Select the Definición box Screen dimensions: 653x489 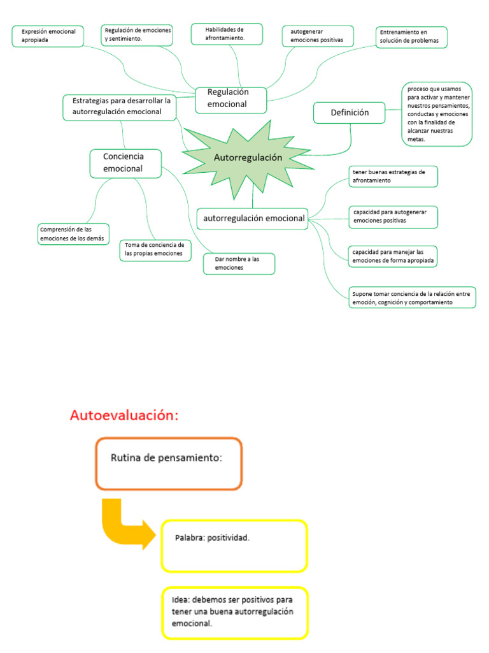pyautogui.click(x=350, y=113)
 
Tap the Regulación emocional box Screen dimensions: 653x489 pyautogui.click(x=230, y=98)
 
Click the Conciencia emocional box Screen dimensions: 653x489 pyautogui.click(x=124, y=163)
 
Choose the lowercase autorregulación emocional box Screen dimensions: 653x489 pyautogui.click(x=253, y=218)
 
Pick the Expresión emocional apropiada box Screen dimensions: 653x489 pyautogui.click(x=48, y=36)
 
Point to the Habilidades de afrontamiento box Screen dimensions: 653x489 pyautogui.click(x=227, y=34)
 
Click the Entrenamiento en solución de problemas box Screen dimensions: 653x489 pyautogui.click(x=411, y=37)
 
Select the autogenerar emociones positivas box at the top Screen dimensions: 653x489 pyautogui.click(x=318, y=36)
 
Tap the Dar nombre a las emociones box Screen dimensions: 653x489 pyautogui.click(x=239, y=264)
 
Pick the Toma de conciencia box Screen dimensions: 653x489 pyautogui.click(x=155, y=249)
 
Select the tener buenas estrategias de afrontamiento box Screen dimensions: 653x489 pyautogui.click(x=393, y=177)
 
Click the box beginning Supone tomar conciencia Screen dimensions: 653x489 pyautogui.click(x=412, y=298)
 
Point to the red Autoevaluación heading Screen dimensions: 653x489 pyautogui.click(x=124, y=416)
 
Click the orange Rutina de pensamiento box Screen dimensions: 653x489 pyautogui.click(x=169, y=463)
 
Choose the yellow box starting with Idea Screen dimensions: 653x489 pyautogui.click(x=234, y=612)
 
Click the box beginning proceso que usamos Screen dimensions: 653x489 pyautogui.click(x=437, y=114)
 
